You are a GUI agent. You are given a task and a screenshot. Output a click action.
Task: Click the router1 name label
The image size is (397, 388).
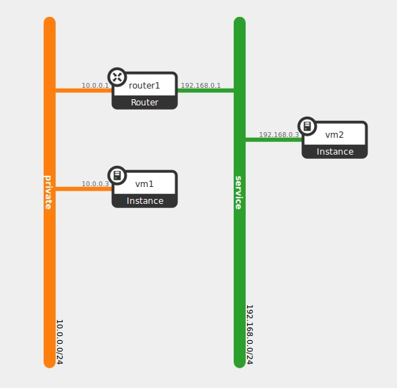coord(144,86)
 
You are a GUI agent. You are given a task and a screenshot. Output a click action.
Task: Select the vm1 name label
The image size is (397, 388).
coord(144,184)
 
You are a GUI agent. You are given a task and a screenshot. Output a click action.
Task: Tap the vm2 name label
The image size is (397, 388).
coord(334,135)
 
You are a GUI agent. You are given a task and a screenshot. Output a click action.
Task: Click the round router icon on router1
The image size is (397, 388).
coord(118,77)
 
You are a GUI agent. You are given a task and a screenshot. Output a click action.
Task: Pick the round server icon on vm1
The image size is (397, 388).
coord(118,176)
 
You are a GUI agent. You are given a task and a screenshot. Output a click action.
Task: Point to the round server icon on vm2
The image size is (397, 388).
coord(308,127)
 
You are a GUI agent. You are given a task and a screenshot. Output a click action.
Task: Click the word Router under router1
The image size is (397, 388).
coord(144,103)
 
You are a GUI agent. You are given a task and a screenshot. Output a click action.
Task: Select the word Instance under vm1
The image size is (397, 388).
coord(144,201)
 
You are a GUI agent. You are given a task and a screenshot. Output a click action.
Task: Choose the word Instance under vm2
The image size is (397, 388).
coord(334,152)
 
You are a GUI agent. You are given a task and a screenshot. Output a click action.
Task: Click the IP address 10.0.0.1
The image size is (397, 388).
coord(95,86)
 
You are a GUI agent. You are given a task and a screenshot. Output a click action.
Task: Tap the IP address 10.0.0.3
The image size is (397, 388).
coord(95,184)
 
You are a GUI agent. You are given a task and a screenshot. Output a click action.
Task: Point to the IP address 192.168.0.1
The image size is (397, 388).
coord(201,86)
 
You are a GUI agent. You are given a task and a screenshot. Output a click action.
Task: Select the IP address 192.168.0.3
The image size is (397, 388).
coord(279,134)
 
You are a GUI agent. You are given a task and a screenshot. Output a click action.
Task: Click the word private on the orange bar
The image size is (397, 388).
coord(49,192)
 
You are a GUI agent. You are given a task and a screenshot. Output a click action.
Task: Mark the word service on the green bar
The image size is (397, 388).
coord(239,192)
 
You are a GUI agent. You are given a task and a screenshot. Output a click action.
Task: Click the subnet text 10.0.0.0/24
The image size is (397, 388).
coord(59,342)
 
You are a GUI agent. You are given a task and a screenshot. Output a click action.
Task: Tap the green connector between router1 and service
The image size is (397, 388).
coord(206,91)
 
